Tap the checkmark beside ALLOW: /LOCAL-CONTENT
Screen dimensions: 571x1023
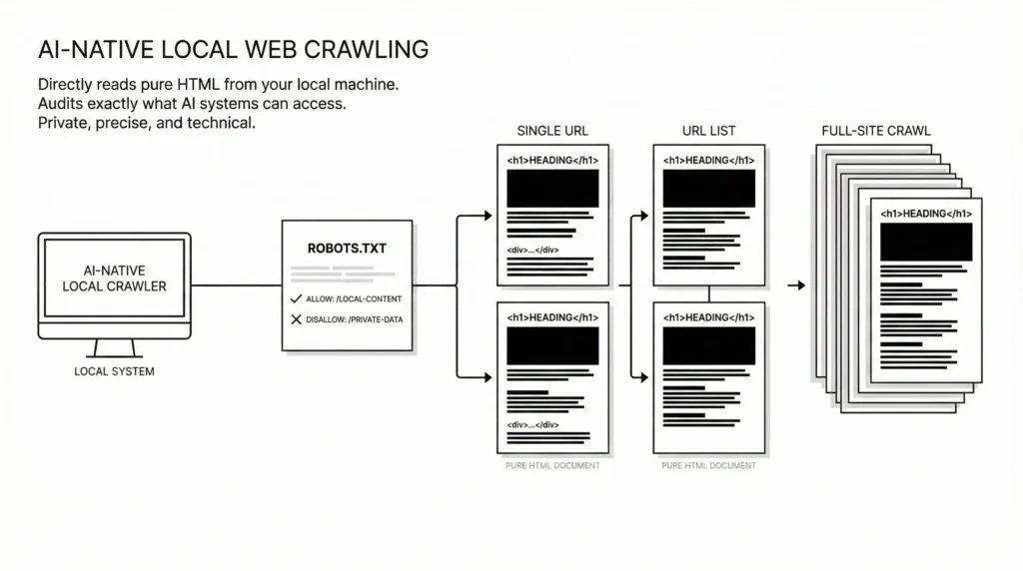[x=296, y=299]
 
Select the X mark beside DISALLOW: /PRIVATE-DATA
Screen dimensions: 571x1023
[x=296, y=319]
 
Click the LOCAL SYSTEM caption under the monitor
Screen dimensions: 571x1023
[x=114, y=371]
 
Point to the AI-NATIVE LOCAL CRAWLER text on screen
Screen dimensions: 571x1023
[x=114, y=278]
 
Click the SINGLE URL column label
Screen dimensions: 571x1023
[x=552, y=131]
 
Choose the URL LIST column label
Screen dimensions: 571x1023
[x=708, y=131]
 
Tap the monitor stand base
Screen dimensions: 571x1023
[x=113, y=354]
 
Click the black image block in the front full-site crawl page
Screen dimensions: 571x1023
[x=926, y=242]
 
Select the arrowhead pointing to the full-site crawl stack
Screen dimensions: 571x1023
[x=799, y=285]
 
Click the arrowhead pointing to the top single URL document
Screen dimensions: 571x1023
[x=487, y=216]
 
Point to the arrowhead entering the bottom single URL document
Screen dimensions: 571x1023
[x=487, y=376]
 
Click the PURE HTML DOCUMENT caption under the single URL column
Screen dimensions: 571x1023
[x=552, y=466]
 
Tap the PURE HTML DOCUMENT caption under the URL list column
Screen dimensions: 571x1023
[x=708, y=466]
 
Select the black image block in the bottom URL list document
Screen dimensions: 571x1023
[x=709, y=345]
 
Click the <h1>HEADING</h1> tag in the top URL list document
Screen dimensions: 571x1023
[x=709, y=161]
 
